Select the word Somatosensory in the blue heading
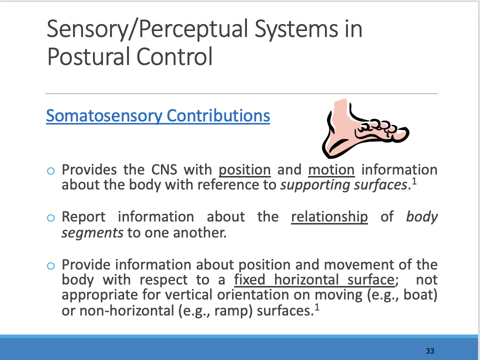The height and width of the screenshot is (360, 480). (x=103, y=116)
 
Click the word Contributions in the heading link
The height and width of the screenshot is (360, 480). (x=218, y=116)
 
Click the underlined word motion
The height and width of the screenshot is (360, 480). (x=331, y=169)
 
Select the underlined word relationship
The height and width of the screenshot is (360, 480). (x=329, y=217)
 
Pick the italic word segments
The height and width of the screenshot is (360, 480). (x=92, y=232)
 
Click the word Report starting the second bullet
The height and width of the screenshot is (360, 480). (x=83, y=217)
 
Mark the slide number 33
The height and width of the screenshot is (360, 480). (x=430, y=350)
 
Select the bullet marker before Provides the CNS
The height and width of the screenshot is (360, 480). (x=50, y=170)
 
